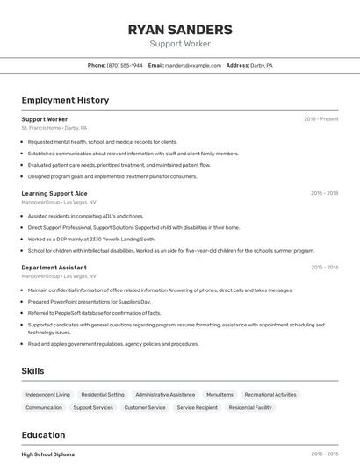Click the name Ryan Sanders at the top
(x=180, y=29)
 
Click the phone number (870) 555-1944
(x=125, y=66)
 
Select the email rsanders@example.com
(x=193, y=66)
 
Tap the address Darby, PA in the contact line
(x=262, y=66)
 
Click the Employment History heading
(x=65, y=100)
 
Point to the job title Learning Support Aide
(x=54, y=193)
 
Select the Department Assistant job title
(x=54, y=268)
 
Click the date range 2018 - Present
(x=321, y=119)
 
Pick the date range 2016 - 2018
(x=324, y=193)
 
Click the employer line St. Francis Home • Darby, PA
(x=54, y=128)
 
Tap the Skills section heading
(x=32, y=371)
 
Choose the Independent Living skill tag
(x=47, y=395)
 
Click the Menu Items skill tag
(x=220, y=395)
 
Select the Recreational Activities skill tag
(x=270, y=395)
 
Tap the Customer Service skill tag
(x=145, y=407)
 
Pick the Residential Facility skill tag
(x=250, y=407)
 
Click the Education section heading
(x=43, y=435)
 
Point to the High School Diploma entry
(x=48, y=454)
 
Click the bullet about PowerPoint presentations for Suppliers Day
(x=90, y=302)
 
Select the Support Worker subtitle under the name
(x=180, y=44)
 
